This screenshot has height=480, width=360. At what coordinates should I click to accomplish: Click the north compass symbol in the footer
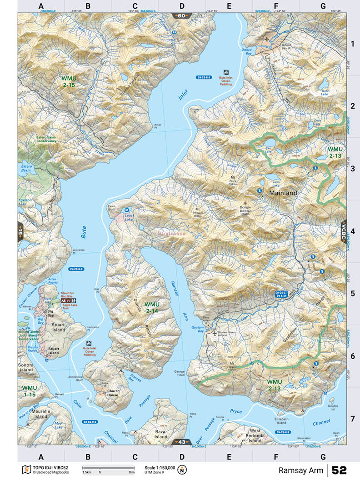point(183,470)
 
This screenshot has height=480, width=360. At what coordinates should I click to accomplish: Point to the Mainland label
point(283,193)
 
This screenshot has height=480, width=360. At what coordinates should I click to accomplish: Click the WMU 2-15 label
point(70,81)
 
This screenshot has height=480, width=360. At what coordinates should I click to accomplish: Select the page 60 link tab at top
point(181,16)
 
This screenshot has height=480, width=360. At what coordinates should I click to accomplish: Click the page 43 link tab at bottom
point(181,442)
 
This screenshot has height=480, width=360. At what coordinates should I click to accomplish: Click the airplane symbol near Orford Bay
point(267,40)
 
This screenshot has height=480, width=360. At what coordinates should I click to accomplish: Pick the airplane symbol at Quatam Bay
point(215,333)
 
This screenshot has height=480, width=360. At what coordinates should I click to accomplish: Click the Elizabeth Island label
point(281,420)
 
